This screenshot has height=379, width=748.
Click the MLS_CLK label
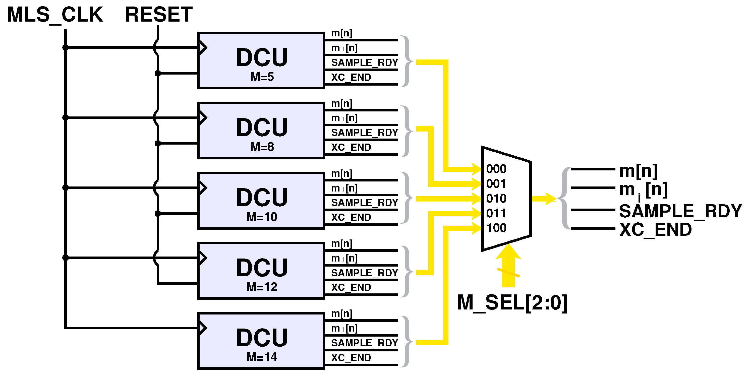pyautogui.click(x=54, y=15)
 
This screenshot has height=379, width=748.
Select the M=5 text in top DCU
pyautogui.click(x=262, y=77)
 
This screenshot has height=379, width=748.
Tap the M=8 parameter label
pyautogui.click(x=262, y=147)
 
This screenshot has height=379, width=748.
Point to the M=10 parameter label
pyautogui.click(x=262, y=217)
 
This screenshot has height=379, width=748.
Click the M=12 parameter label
pyautogui.click(x=262, y=287)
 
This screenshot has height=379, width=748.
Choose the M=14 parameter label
pyautogui.click(x=262, y=357)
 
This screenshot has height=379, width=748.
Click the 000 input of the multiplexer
pyautogui.click(x=496, y=169)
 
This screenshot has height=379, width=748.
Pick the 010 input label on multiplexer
pyautogui.click(x=496, y=199)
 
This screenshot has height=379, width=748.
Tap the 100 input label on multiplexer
pyautogui.click(x=496, y=228)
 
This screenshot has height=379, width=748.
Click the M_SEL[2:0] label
pyautogui.click(x=512, y=303)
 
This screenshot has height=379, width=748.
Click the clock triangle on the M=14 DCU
pyautogui.click(x=202, y=328)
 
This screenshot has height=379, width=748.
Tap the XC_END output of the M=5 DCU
pyautogui.click(x=351, y=78)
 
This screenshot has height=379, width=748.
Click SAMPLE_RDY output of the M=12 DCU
pyautogui.click(x=364, y=273)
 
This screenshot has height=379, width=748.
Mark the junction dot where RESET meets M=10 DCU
pyautogui.click(x=158, y=214)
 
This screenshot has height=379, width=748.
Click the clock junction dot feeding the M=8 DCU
pyautogui.click(x=66, y=117)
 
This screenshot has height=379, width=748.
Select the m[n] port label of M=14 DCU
pyautogui.click(x=341, y=314)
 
